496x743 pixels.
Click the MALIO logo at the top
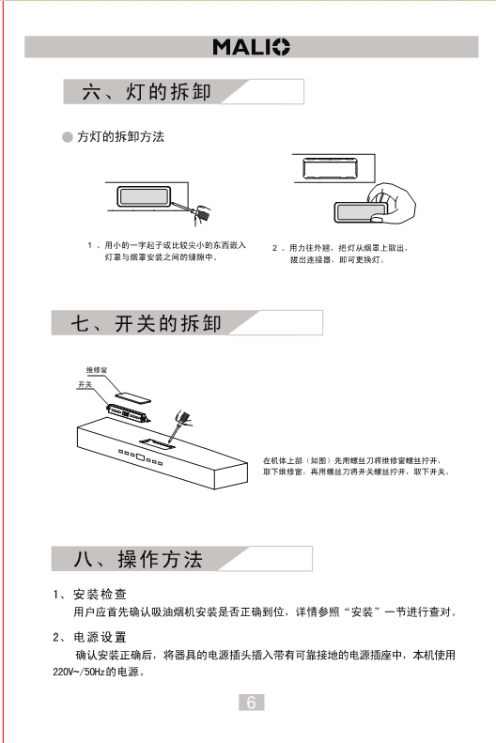(251, 47)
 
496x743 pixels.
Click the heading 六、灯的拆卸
(147, 91)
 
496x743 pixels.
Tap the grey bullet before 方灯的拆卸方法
(68, 137)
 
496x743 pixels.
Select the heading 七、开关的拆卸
(146, 323)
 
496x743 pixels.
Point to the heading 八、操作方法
(138, 559)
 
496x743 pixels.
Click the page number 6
(251, 703)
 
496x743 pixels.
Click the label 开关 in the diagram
(85, 384)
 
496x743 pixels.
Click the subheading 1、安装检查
(89, 595)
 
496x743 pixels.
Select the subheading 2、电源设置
(89, 637)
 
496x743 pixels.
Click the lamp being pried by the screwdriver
(144, 196)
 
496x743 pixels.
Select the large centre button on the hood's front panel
(141, 457)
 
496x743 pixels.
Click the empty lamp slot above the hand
(330, 168)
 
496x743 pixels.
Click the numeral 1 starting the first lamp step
(89, 245)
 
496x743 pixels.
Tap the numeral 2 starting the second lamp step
(274, 248)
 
